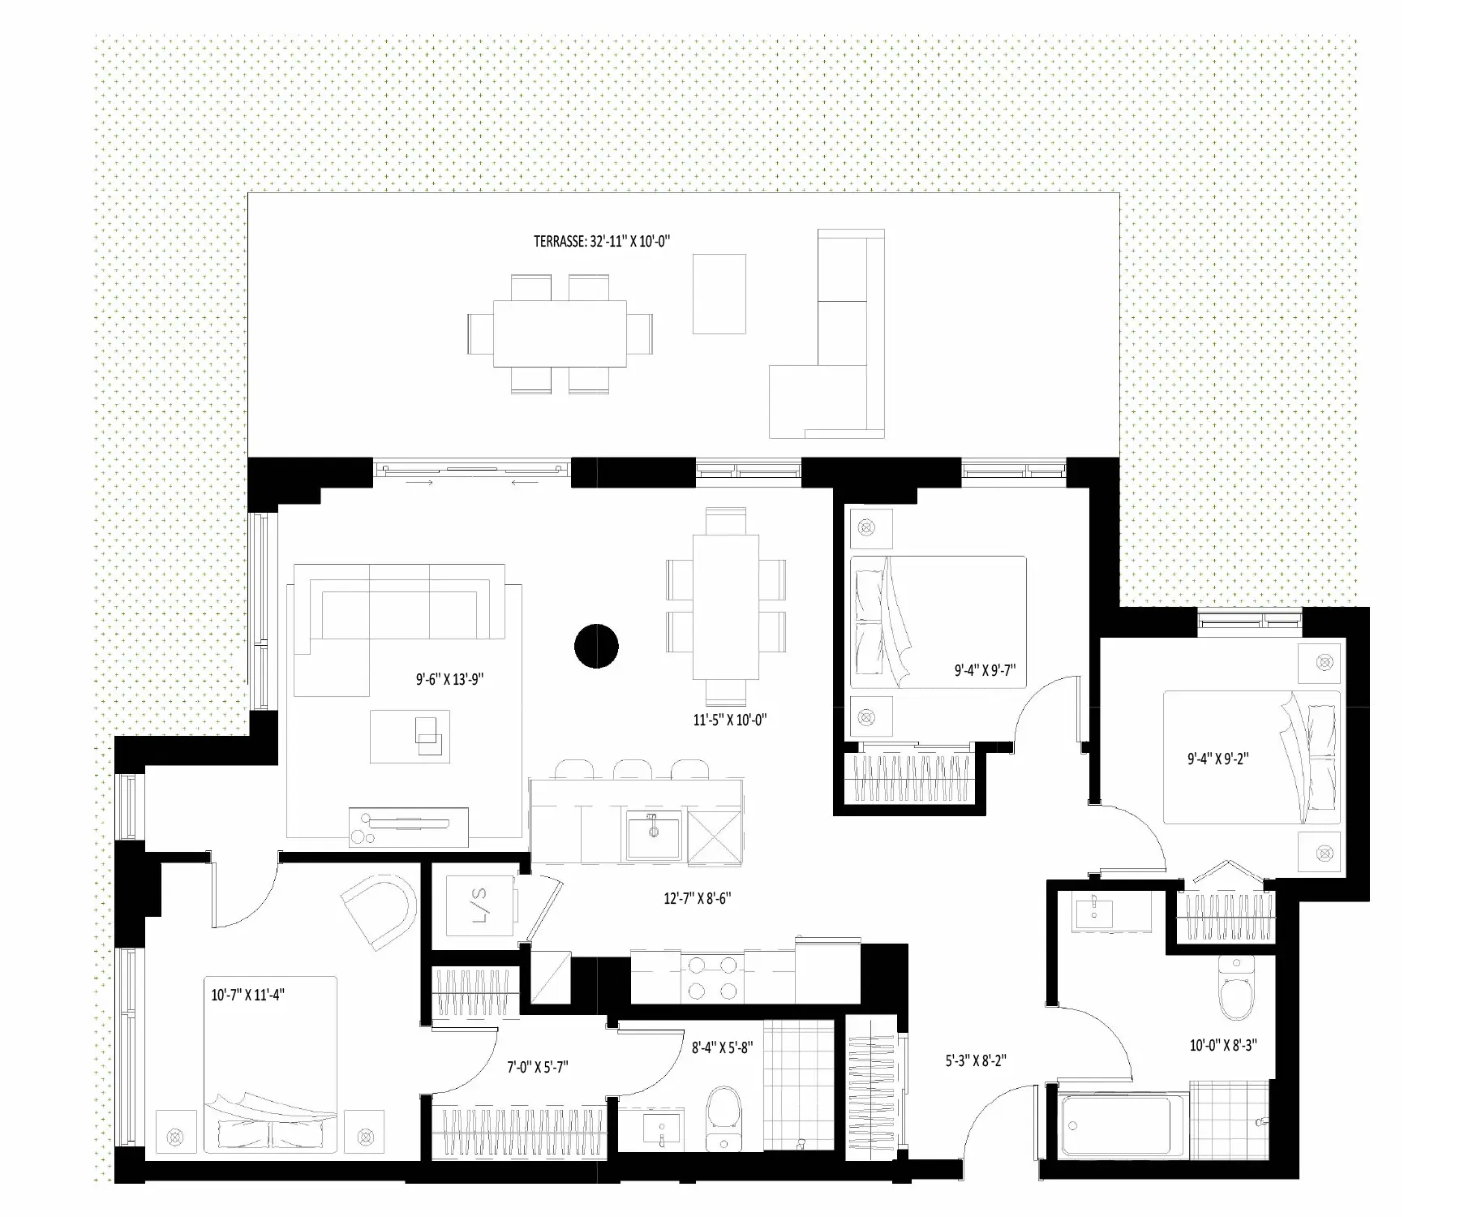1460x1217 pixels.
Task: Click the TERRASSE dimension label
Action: coord(602,241)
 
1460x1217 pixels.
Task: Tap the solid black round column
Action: coord(596,647)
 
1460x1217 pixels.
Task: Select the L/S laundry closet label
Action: coord(479,905)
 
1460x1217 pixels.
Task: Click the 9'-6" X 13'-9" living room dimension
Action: coord(450,679)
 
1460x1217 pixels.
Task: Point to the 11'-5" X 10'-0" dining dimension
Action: coord(729,719)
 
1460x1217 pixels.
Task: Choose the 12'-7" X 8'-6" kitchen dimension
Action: coord(698,898)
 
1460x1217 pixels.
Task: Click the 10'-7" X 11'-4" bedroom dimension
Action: coord(248,994)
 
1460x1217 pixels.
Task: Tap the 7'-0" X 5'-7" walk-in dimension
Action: coord(538,1067)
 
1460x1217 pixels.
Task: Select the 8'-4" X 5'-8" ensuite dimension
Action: coord(722,1047)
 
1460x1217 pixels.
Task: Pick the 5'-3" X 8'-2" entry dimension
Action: coord(976,1060)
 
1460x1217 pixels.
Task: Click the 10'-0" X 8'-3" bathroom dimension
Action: coord(1223,1045)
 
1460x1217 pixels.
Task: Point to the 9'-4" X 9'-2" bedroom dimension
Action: coord(1217,759)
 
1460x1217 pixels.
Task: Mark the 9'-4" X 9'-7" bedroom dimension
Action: coord(985,670)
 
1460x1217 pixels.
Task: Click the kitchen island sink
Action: coord(654,836)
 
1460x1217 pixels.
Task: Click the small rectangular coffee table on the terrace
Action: coord(719,294)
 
